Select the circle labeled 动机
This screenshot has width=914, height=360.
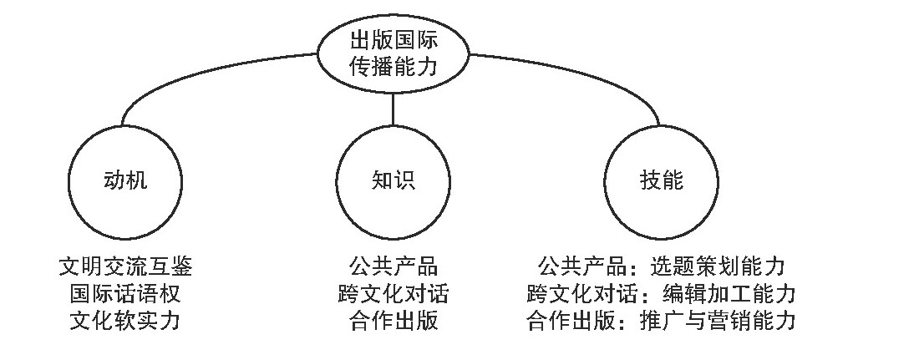124,180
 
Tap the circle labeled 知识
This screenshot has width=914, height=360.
392,180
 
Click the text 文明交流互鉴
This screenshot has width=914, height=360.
125,267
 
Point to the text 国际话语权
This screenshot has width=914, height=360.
125,294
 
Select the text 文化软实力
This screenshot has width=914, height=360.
125,321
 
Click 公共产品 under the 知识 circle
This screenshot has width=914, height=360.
393,267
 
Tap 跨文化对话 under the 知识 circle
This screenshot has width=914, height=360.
393,294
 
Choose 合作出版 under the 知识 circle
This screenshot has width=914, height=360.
393,321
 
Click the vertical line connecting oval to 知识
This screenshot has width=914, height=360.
392,108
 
